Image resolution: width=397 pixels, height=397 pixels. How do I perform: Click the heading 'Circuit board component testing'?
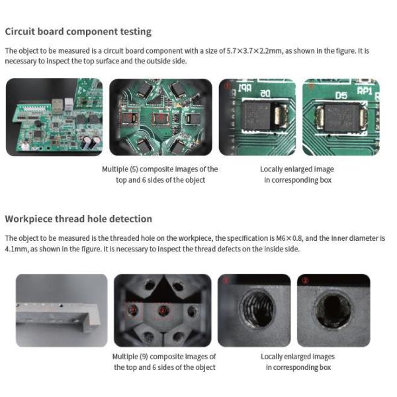pos(78,32)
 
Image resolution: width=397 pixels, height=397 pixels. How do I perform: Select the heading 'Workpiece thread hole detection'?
pos(78,219)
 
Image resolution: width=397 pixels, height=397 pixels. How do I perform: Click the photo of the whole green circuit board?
pos(54,117)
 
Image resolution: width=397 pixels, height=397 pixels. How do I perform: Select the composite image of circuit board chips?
pos(160,117)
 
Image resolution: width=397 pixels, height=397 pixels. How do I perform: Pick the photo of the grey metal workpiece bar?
pos(62,310)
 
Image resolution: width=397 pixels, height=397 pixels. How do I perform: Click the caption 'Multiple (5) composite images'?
pos(159,169)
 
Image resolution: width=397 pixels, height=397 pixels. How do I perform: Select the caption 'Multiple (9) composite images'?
pos(164,357)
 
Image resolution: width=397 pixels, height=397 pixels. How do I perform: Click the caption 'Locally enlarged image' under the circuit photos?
pos(297,169)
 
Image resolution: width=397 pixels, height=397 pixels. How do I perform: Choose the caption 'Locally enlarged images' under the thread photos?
pos(298,357)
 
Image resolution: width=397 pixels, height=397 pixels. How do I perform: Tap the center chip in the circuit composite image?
pos(160,118)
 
